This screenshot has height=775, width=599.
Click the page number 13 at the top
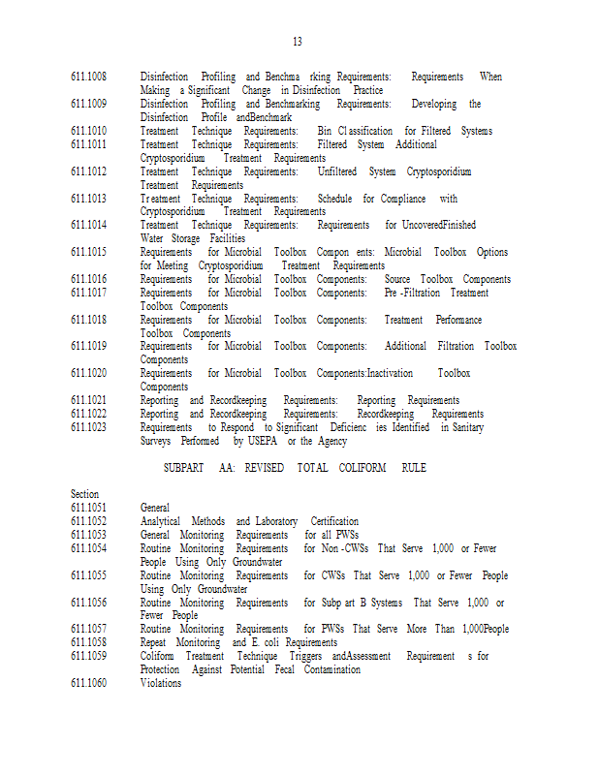(x=298, y=42)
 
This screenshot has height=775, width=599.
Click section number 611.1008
(x=88, y=77)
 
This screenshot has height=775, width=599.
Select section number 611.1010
(x=88, y=131)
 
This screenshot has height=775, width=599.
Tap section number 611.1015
(x=88, y=253)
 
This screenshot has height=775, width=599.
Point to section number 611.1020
(x=88, y=373)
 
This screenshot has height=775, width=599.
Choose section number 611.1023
(x=88, y=427)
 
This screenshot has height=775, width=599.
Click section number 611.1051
(x=88, y=508)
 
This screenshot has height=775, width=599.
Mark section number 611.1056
(x=88, y=603)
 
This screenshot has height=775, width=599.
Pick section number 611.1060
(x=88, y=683)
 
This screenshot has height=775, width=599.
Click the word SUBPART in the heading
(x=183, y=468)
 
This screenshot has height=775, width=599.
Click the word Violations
(x=160, y=683)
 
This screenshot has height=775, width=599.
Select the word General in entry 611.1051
(x=155, y=508)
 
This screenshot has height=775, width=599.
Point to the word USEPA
(x=257, y=441)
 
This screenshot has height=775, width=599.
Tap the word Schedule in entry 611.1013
(x=334, y=199)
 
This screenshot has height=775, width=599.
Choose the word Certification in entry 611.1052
(x=334, y=521)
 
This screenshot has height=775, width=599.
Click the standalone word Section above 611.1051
(x=85, y=494)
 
